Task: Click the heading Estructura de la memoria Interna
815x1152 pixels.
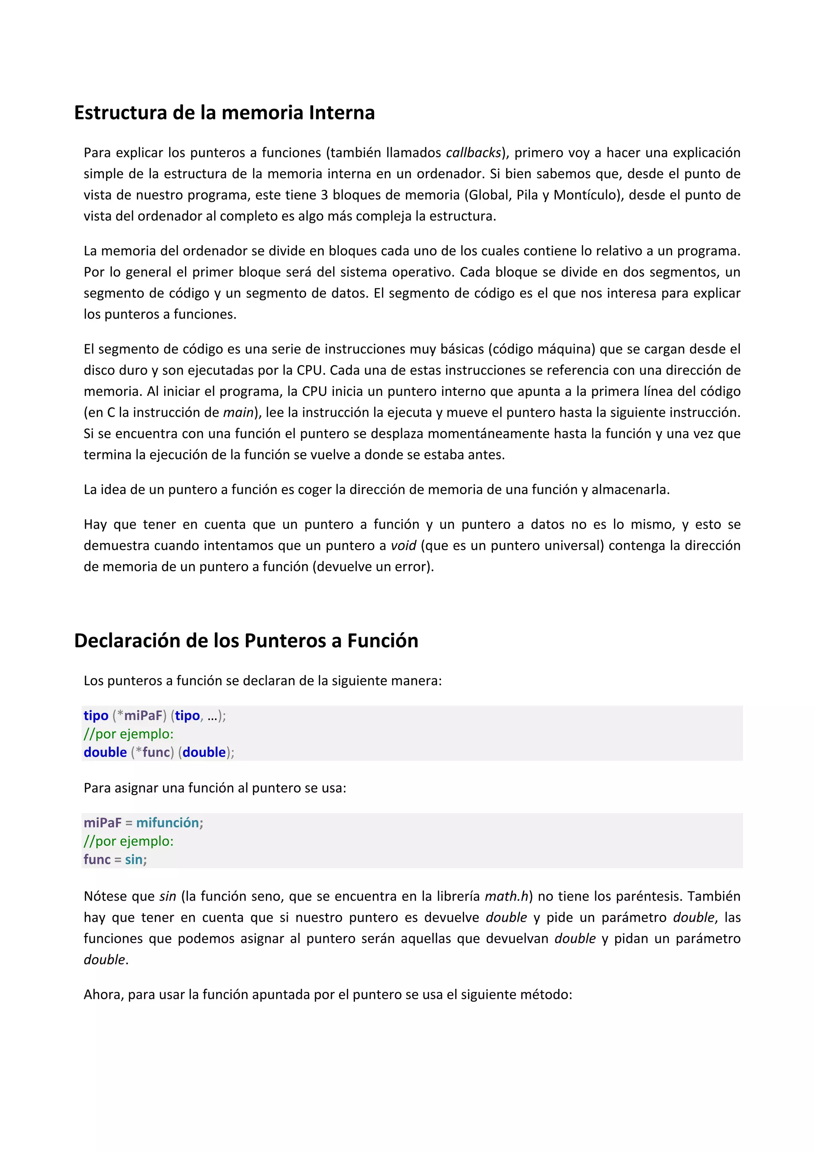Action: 224,113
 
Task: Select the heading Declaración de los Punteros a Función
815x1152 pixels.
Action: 246,641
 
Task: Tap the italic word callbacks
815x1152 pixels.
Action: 474,152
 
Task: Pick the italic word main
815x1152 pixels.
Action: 238,413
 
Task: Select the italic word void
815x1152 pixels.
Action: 404,545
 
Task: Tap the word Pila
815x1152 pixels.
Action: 527,195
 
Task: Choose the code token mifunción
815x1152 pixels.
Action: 168,822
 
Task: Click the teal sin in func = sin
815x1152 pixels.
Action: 134,860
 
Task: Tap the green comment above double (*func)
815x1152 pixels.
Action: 129,734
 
